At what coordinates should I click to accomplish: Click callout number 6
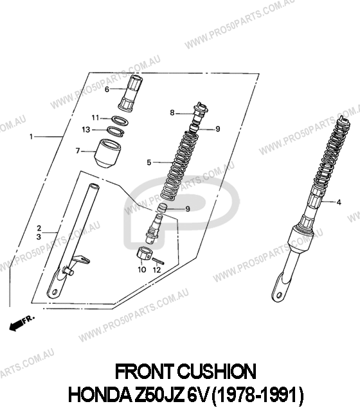[x=107, y=89]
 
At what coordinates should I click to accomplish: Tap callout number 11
[x=95, y=118]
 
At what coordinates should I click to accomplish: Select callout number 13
[x=86, y=130]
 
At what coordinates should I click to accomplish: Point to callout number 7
[x=78, y=151]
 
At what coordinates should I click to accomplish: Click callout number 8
[x=172, y=113]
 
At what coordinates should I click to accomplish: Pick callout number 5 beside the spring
[x=149, y=163]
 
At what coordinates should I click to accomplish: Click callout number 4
[x=339, y=202]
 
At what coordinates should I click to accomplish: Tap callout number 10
[x=142, y=270]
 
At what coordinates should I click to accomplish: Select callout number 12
[x=157, y=270]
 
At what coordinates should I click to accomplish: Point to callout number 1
[x=32, y=137]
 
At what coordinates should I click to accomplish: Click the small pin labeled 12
[x=158, y=260]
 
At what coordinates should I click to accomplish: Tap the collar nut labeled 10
[x=144, y=253]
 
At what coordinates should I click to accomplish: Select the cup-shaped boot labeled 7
[x=107, y=154]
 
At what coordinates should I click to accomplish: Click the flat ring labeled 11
[x=120, y=120]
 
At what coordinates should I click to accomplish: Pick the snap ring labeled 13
[x=116, y=131]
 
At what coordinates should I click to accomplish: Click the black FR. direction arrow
[x=16, y=326]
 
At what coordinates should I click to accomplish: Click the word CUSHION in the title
[x=217, y=372]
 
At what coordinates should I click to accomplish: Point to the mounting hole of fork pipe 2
[x=55, y=292]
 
